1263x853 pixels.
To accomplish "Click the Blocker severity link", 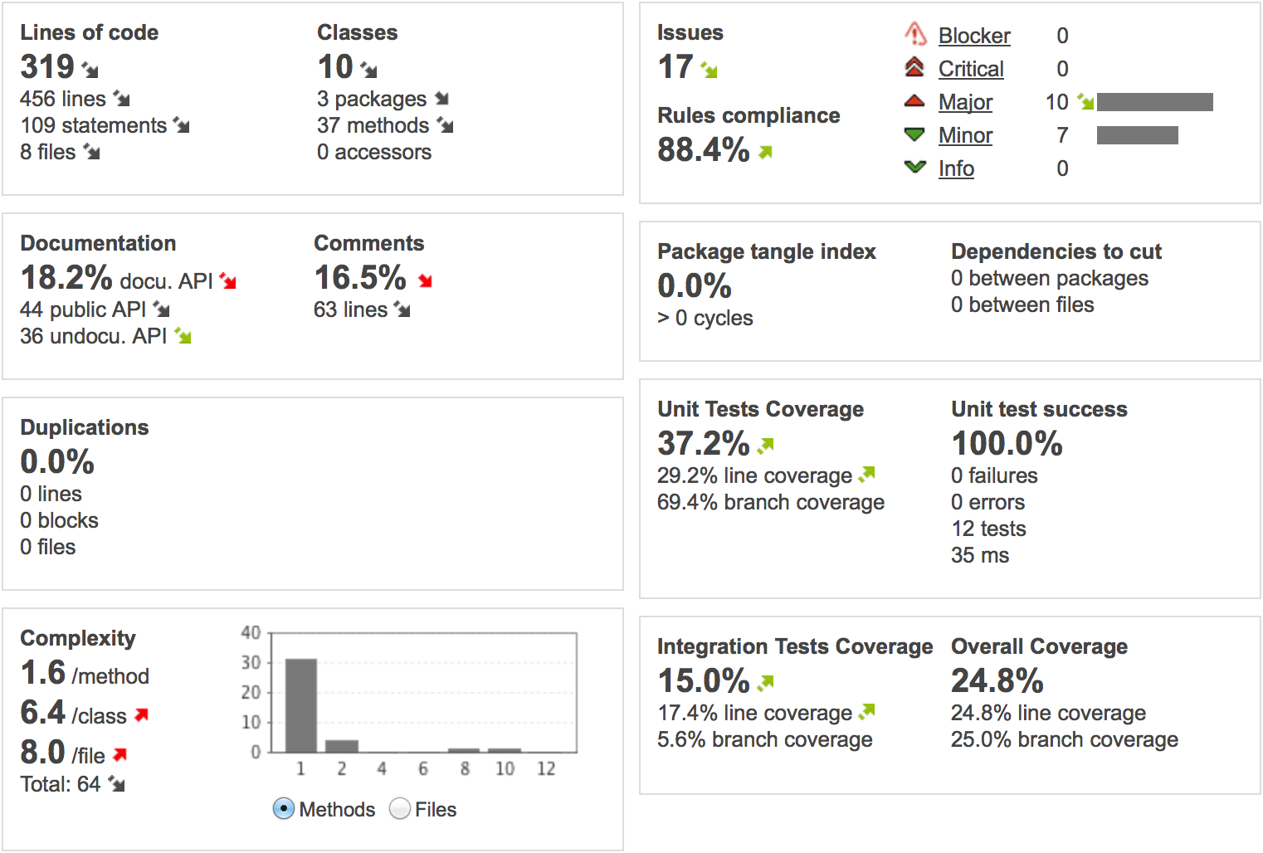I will point(973,36).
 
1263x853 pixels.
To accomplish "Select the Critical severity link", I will point(971,69).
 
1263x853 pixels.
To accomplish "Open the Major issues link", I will point(965,102).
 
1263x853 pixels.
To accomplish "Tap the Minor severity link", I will point(965,135).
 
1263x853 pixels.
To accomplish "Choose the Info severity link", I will point(956,168).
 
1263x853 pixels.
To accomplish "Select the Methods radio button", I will point(284,808).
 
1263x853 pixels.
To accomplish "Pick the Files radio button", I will point(400,808).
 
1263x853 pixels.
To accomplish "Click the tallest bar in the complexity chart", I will point(301,705).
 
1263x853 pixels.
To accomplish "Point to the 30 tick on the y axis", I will point(251,662).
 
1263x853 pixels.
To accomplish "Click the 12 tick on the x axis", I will point(546,769).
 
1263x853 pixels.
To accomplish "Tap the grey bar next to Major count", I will point(1154,102).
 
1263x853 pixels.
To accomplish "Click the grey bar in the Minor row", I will point(1137,135).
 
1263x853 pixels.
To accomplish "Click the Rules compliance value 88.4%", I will point(703,150).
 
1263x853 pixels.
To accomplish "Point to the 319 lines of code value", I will point(47,66).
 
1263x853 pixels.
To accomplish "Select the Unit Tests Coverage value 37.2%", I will point(703,444).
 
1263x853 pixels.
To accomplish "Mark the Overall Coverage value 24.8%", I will point(997,681).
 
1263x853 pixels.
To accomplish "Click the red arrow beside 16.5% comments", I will point(426,280).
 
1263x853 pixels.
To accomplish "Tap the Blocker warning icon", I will point(914,34).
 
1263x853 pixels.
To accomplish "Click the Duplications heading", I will point(85,427).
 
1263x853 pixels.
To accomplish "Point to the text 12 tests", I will point(988,529).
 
